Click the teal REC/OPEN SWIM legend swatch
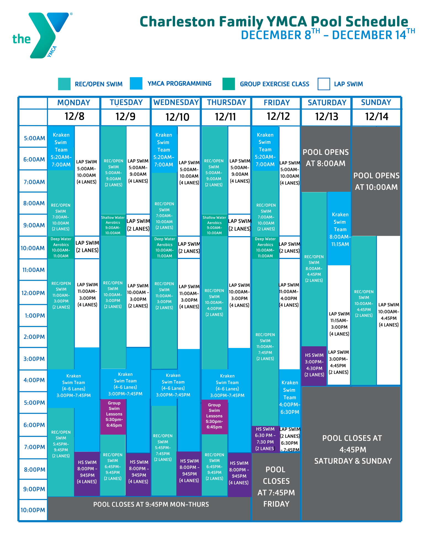64,84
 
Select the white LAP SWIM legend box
324,84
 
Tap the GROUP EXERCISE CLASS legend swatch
229,84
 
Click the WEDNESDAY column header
176,103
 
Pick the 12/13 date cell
326,117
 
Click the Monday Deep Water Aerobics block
61,247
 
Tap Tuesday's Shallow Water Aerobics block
113,225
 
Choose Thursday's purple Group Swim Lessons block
214,416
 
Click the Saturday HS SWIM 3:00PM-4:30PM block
314,365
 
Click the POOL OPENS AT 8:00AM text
326,158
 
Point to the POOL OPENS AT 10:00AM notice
376,181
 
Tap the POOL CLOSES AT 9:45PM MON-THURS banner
151,504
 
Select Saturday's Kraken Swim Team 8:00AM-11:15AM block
340,229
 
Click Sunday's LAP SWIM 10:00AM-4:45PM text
389,315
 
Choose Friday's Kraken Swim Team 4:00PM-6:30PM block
290,397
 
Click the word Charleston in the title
177,21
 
